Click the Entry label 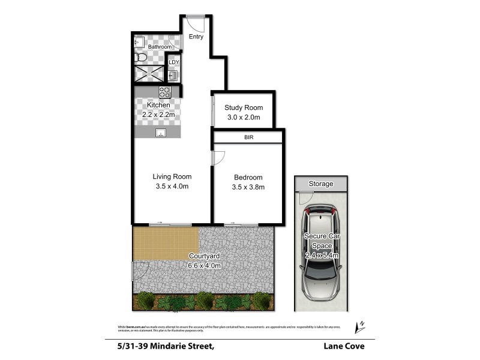point(196,37)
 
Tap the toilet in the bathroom point(140,58)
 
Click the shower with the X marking point(148,74)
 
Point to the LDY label point(173,62)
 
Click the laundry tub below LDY point(173,76)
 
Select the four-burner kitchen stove point(165,92)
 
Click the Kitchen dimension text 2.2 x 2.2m point(154,115)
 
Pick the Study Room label point(244,107)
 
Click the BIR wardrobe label point(248,137)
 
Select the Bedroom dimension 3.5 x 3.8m point(248,187)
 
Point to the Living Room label point(172,176)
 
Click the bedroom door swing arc point(218,157)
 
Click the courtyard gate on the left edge point(137,271)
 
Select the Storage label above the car point(320,184)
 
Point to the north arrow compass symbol point(360,326)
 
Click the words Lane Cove point(344,346)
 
